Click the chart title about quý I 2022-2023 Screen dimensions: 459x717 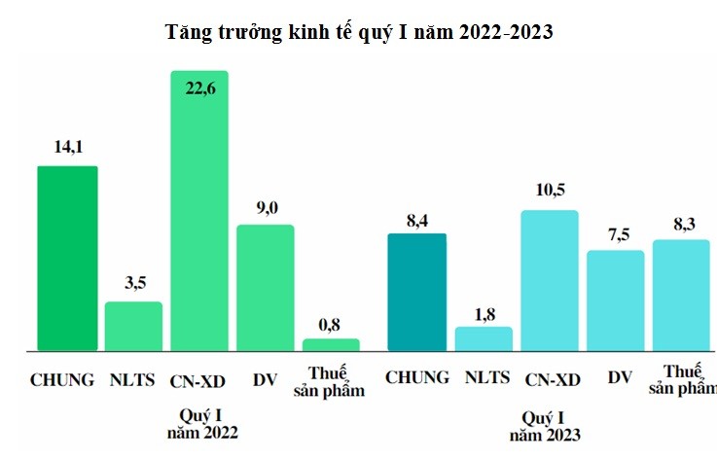(360, 32)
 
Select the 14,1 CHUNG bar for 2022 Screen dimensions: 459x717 (67, 258)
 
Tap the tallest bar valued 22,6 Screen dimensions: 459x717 (199, 210)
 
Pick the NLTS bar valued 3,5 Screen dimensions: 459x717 (133, 326)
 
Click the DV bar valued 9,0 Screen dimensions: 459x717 (266, 287)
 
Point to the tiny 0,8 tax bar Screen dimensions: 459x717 (331, 344)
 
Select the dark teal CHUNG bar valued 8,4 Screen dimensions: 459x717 (416, 292)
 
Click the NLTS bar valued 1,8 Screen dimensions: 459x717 (484, 338)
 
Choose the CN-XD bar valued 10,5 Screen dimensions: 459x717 (550, 280)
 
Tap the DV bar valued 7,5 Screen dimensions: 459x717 (615, 300)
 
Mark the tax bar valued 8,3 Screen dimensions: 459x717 (681, 295)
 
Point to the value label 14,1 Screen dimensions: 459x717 (67, 148)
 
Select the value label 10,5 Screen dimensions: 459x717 (550, 190)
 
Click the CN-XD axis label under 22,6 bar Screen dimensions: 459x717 (199, 379)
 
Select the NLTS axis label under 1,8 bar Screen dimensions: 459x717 (485, 377)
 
